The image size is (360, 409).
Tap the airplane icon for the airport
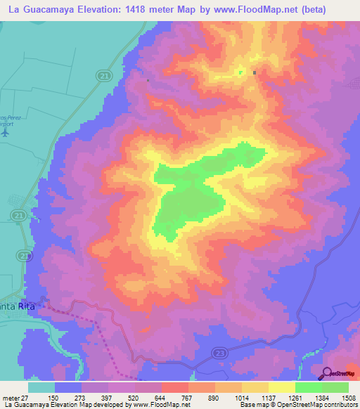6,131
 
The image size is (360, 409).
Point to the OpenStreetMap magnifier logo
328,373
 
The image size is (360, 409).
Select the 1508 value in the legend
348,398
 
